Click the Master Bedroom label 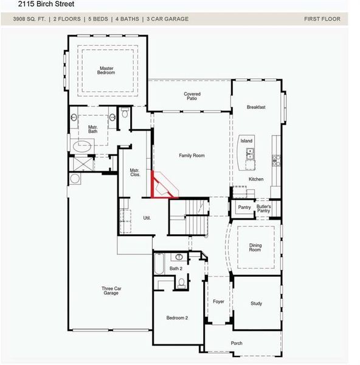click(106, 70)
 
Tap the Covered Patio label click(192, 96)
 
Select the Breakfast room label click(256, 107)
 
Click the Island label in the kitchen click(246, 141)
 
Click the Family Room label click(192, 156)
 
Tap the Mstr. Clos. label click(135, 173)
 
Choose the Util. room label click(147, 218)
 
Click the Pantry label click(244, 207)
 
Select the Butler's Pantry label click(264, 209)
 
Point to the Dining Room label click(255, 247)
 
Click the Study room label click(256, 304)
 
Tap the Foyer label click(218, 302)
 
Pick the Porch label click(237, 344)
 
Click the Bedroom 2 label click(178, 318)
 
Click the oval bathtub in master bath click(83, 146)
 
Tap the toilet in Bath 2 click(181, 282)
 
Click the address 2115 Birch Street click(46, 4)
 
